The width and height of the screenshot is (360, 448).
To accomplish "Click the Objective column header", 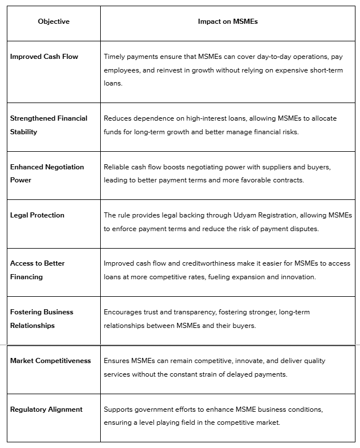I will (x=54, y=22).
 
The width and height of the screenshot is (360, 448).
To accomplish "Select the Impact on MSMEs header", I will (x=228, y=22).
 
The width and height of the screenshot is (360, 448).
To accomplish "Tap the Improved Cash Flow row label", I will (x=44, y=57).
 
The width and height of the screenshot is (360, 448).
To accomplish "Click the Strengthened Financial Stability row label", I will (x=49, y=125).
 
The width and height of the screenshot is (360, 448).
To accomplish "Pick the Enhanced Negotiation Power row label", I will (x=47, y=173).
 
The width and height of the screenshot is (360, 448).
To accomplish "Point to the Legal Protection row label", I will (x=37, y=215).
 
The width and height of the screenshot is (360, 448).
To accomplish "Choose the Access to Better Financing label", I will (x=38, y=270).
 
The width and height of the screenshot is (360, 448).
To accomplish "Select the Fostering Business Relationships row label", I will (x=42, y=318).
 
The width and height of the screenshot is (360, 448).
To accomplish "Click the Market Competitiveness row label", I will (x=50, y=361).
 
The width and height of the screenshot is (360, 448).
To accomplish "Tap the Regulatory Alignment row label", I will (x=46, y=409).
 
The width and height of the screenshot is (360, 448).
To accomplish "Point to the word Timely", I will (x=115, y=57).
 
